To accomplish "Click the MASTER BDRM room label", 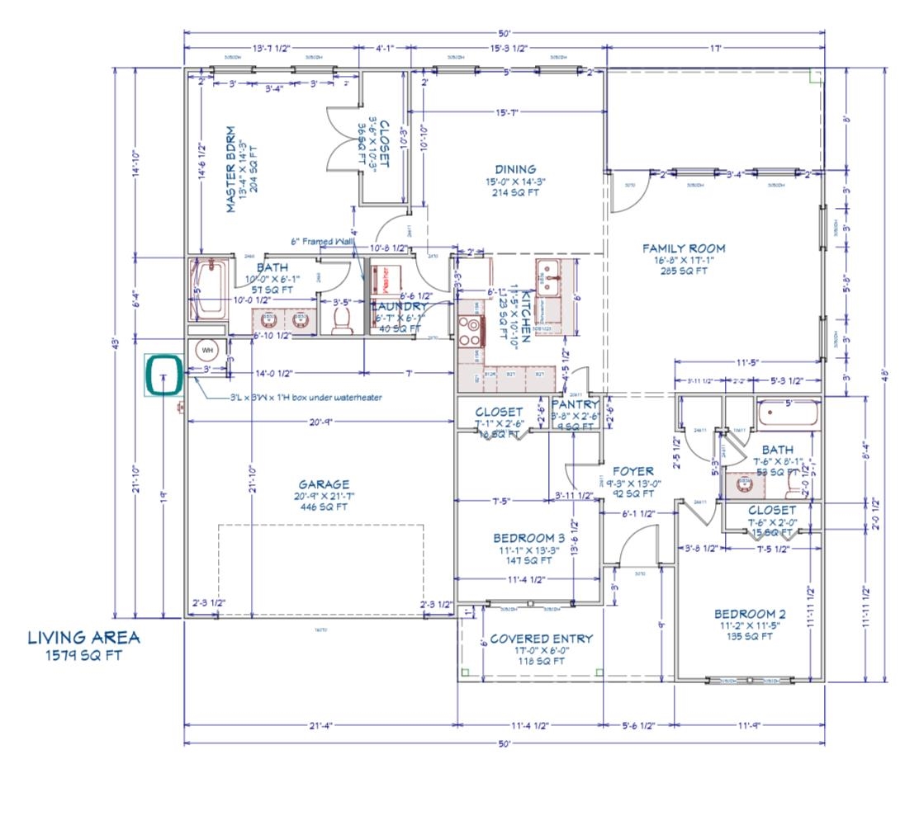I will click(x=231, y=170).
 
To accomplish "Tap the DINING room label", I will click(x=516, y=169).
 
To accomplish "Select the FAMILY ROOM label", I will click(x=683, y=248).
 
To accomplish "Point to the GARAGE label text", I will click(x=324, y=484).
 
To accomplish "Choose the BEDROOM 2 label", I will click(x=750, y=614).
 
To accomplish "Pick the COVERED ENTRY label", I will click(x=541, y=639).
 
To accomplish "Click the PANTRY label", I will click(x=575, y=405).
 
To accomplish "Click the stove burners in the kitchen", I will click(x=471, y=330).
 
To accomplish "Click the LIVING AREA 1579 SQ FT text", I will click(x=83, y=645).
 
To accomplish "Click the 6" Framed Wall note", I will click(x=324, y=242).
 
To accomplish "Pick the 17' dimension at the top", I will click(x=716, y=49).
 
